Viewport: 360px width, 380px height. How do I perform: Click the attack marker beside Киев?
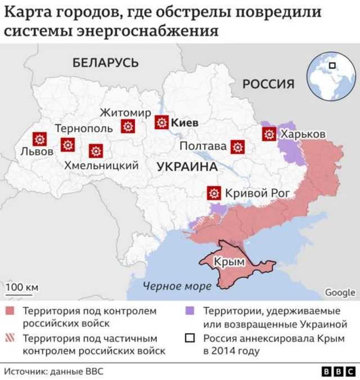162,122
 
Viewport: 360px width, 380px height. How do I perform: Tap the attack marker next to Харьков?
269,134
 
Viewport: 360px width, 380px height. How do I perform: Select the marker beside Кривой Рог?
214,193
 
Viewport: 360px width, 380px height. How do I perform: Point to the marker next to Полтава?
237,147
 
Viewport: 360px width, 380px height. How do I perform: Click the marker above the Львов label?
39,139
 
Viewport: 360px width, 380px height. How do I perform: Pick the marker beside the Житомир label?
128,127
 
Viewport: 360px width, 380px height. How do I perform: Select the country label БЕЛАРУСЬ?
105,62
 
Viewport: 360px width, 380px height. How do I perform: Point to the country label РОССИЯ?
268,84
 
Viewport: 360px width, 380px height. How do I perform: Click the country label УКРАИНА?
187,167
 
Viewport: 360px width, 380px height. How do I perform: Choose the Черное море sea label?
177,286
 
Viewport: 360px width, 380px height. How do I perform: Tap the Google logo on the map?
340,292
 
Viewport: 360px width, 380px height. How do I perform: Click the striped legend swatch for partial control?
10,339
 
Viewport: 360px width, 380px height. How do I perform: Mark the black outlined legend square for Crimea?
190,339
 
